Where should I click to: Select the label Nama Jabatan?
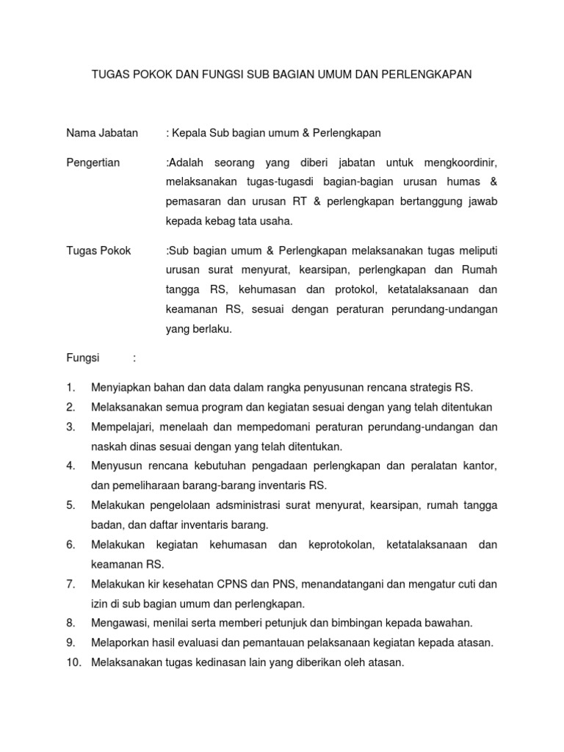click(101, 133)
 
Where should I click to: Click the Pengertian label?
click(93, 162)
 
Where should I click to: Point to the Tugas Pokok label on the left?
click(98, 250)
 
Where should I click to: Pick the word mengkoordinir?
click(460, 162)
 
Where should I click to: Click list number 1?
click(70, 387)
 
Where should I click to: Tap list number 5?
click(70, 505)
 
